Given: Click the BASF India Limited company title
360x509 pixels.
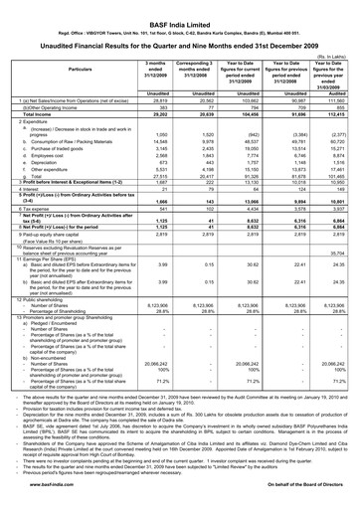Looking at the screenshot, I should pos(180,8).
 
